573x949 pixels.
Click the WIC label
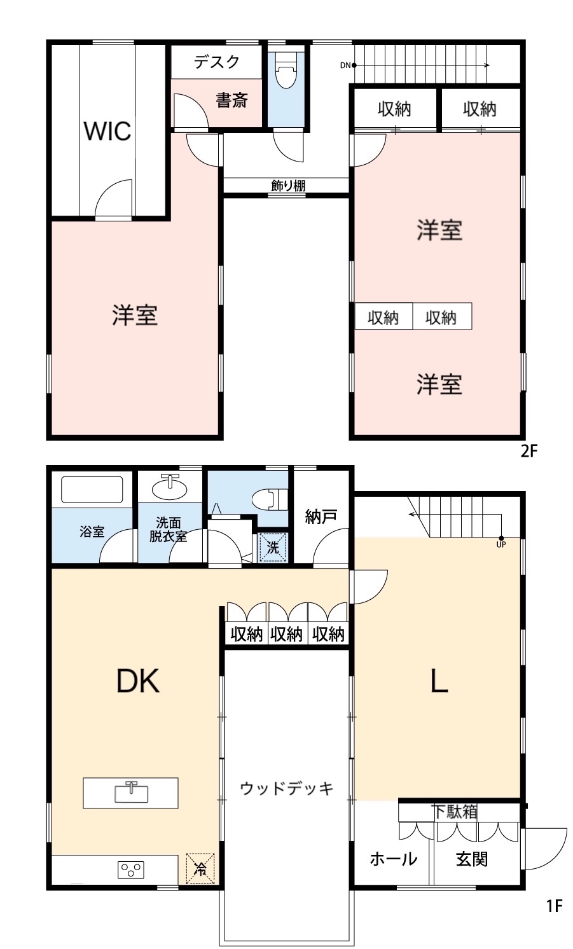pos(107,131)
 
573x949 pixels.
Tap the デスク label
pos(217,62)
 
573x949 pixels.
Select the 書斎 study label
pos(231,100)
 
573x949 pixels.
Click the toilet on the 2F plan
pos(286,71)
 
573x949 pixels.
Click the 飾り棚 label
pos(288,186)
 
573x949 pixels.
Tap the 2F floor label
pos(529,451)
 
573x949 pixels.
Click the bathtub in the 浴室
pos(92,489)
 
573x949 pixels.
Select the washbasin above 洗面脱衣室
pos(169,488)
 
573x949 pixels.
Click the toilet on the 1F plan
pos(270,499)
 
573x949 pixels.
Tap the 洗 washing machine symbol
pos(273,548)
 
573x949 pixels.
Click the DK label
pos(138,681)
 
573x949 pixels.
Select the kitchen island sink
pos(131,793)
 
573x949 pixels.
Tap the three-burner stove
pos(130,870)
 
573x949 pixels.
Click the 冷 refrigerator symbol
pos(200,869)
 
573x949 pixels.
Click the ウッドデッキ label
pos(287,788)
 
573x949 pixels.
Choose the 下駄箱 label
pos(455,812)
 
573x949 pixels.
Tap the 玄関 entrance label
pos(472,859)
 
